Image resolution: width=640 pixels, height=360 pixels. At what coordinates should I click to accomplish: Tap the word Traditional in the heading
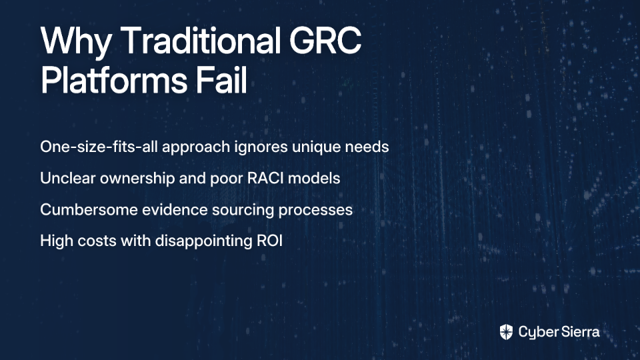(x=201, y=40)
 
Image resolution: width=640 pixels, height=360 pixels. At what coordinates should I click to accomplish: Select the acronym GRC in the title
(x=325, y=41)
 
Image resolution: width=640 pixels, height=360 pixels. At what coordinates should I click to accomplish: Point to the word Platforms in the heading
(x=114, y=79)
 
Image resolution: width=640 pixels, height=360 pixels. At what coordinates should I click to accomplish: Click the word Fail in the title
(x=221, y=79)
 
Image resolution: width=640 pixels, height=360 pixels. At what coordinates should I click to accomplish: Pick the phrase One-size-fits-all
(x=99, y=147)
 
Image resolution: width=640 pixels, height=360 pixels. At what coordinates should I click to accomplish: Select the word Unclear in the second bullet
(x=68, y=178)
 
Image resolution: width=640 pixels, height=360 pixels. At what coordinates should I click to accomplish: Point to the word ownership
(x=137, y=179)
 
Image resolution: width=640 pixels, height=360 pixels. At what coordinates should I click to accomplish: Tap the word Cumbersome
(x=89, y=209)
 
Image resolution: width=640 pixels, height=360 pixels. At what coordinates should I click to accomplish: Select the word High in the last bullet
(x=56, y=241)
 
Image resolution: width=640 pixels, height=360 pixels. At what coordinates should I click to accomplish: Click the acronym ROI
(x=269, y=241)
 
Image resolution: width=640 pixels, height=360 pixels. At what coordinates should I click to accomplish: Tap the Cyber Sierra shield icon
(x=506, y=332)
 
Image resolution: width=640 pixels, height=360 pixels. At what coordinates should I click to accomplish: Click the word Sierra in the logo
(x=579, y=332)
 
